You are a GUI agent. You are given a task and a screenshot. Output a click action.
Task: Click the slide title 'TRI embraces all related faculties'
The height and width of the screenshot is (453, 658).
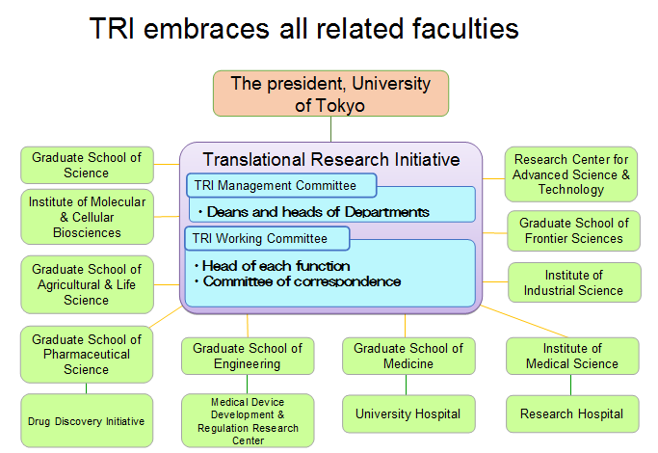[x=303, y=29]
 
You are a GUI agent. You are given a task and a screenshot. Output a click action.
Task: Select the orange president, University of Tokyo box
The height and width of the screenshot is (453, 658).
[x=330, y=93]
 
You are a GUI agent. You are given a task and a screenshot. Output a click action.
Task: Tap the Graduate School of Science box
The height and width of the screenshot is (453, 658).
[x=87, y=165]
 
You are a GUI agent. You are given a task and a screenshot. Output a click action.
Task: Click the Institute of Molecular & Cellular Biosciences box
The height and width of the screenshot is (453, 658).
[x=87, y=217]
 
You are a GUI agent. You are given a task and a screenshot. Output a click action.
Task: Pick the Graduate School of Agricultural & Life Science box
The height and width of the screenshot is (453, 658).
[x=87, y=284]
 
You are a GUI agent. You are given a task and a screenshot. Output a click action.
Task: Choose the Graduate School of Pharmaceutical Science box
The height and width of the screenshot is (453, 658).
[x=87, y=354]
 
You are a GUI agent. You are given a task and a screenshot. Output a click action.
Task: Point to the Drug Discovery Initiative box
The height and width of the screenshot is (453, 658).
[x=87, y=421]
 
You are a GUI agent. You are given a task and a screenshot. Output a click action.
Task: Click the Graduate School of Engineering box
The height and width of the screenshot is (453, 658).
[x=248, y=356]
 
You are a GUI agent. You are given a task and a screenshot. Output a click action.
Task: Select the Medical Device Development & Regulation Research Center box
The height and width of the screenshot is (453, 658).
[x=248, y=420]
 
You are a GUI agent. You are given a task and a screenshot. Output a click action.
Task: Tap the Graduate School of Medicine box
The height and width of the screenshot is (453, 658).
[x=408, y=356]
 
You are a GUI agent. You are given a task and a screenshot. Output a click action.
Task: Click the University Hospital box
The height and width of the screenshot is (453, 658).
[x=408, y=414]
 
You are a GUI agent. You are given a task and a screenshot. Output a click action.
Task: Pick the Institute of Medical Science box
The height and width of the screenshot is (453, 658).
[x=572, y=356]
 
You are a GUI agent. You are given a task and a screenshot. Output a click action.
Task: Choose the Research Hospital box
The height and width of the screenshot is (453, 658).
[x=572, y=414]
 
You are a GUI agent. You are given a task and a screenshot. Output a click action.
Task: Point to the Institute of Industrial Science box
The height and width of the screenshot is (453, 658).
[x=573, y=282]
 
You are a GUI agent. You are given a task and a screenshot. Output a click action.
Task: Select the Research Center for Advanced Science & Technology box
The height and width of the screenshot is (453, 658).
[x=571, y=174]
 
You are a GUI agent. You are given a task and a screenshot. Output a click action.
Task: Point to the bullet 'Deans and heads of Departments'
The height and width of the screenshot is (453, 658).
[x=312, y=211]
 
